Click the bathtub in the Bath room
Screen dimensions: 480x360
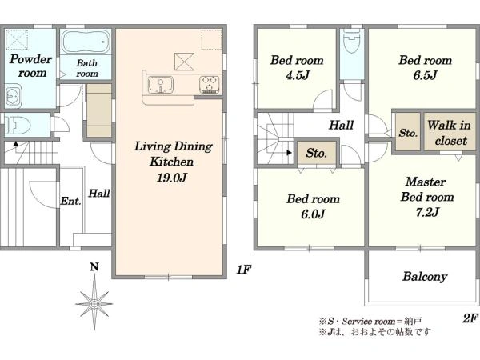86,42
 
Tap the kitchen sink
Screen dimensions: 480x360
161,85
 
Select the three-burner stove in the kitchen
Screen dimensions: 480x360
209,85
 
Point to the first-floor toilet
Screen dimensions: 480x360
18,126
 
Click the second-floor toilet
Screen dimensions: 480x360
352,42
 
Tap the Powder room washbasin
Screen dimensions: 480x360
13,97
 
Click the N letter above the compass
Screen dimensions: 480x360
94,267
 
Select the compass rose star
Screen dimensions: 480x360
94,303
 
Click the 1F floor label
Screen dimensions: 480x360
243,270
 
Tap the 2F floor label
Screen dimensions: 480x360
470,318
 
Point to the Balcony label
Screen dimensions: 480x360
425,277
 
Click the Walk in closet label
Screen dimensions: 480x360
450,133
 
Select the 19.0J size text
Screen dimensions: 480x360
171,178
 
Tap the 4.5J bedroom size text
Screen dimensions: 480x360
298,75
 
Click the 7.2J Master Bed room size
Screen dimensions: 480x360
427,212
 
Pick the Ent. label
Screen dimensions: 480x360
70,201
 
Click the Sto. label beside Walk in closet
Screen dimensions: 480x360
408,133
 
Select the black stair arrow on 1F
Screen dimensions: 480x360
16,143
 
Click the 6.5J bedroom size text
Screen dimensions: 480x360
426,75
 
